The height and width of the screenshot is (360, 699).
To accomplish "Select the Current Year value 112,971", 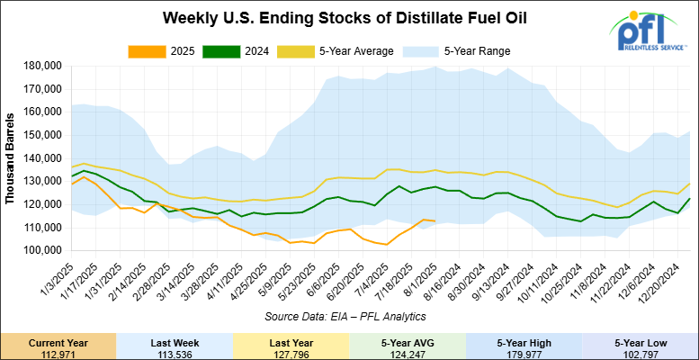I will pyautogui.click(x=58, y=352).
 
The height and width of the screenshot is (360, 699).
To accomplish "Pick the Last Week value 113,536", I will pyautogui.click(x=174, y=352).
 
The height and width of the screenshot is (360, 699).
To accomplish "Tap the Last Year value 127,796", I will pyautogui.click(x=291, y=352).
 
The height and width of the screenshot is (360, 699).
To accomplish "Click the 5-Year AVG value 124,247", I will pyautogui.click(x=407, y=352).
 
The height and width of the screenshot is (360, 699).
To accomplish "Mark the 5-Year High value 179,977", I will pyautogui.click(x=524, y=352).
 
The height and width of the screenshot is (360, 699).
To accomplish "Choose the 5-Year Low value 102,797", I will pyautogui.click(x=640, y=352).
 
